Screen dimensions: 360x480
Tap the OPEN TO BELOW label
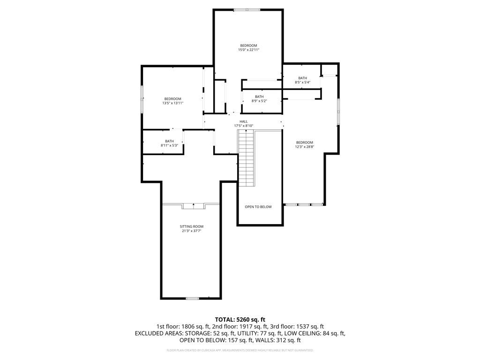point(258,207)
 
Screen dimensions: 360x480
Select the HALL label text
point(244,121)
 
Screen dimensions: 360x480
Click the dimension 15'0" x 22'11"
point(248,50)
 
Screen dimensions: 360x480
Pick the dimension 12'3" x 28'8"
point(304,147)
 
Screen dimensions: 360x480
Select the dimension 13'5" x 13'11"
point(172,103)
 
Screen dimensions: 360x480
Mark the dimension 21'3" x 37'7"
point(191,231)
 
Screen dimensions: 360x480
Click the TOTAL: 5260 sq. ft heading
point(240,320)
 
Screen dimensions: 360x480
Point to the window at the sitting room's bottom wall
point(193,298)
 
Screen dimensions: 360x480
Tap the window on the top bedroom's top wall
point(247,9)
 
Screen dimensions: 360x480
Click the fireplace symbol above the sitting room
point(193,205)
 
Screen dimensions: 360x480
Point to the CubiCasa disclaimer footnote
point(240,350)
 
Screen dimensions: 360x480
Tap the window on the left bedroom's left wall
point(142,99)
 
